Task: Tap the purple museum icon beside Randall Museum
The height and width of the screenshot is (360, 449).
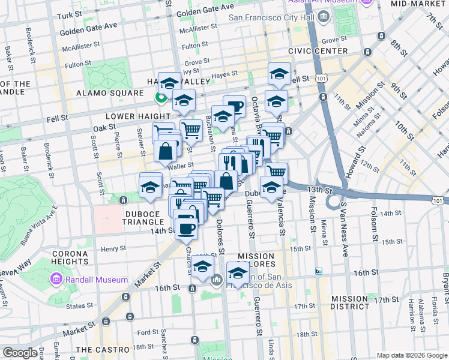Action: tap(56, 280)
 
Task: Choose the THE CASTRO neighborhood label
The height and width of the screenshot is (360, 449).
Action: tap(103, 349)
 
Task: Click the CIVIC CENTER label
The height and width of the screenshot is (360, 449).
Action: tap(318, 51)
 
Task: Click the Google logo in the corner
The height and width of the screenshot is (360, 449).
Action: tap(20, 353)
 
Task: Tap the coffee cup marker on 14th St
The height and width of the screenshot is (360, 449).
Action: tap(187, 229)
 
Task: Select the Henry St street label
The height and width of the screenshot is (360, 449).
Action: tap(113, 248)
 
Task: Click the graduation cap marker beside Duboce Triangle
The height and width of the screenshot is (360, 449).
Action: tap(150, 187)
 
